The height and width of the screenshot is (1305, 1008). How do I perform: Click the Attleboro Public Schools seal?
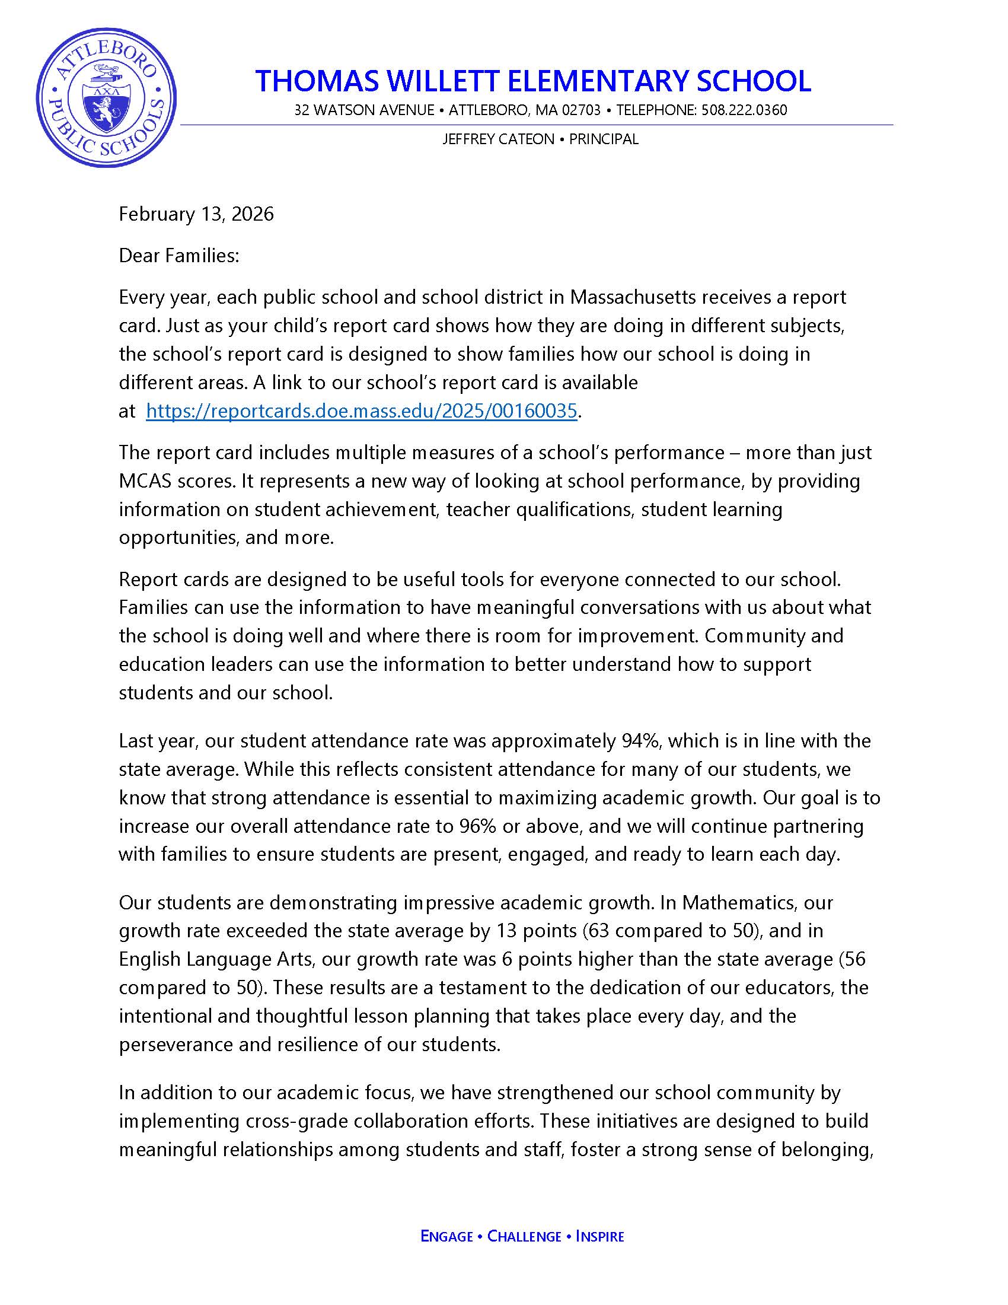(106, 97)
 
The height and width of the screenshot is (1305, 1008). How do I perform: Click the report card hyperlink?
(361, 411)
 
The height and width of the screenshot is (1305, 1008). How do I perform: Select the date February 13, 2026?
(196, 214)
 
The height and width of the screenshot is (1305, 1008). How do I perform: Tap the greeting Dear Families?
(178, 256)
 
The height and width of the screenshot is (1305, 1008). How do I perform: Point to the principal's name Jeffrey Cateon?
(498, 139)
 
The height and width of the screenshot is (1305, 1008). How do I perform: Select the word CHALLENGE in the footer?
(524, 1236)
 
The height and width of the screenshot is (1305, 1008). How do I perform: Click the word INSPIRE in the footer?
(599, 1236)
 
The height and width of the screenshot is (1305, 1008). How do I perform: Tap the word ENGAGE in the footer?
(446, 1236)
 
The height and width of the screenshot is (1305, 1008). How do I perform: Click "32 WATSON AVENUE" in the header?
(364, 110)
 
